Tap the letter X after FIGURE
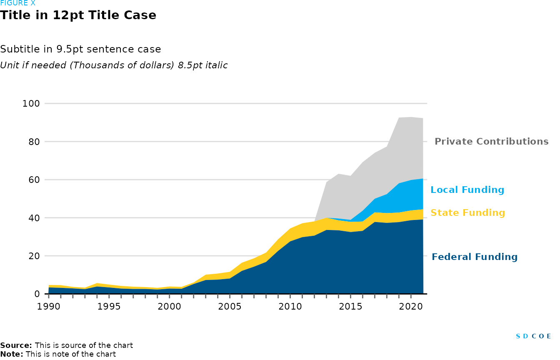pos(33,4)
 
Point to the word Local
pos(444,190)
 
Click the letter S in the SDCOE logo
pos(518,336)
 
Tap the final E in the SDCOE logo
pos(549,336)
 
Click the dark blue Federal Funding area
pos(333,262)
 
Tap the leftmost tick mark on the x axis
pos(49,296)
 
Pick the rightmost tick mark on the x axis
pos(411,296)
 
